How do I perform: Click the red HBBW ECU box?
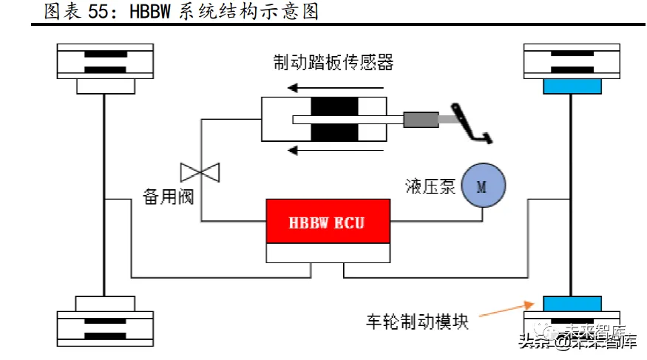point(328,222)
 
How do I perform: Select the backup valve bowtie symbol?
point(201,172)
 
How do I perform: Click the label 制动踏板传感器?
point(333,62)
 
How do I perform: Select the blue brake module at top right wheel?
point(572,86)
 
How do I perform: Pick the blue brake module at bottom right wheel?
point(572,303)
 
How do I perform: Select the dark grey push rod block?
point(420,119)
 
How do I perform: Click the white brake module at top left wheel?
point(105,86)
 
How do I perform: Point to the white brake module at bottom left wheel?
point(105,303)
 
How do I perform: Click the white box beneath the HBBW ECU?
point(328,253)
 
